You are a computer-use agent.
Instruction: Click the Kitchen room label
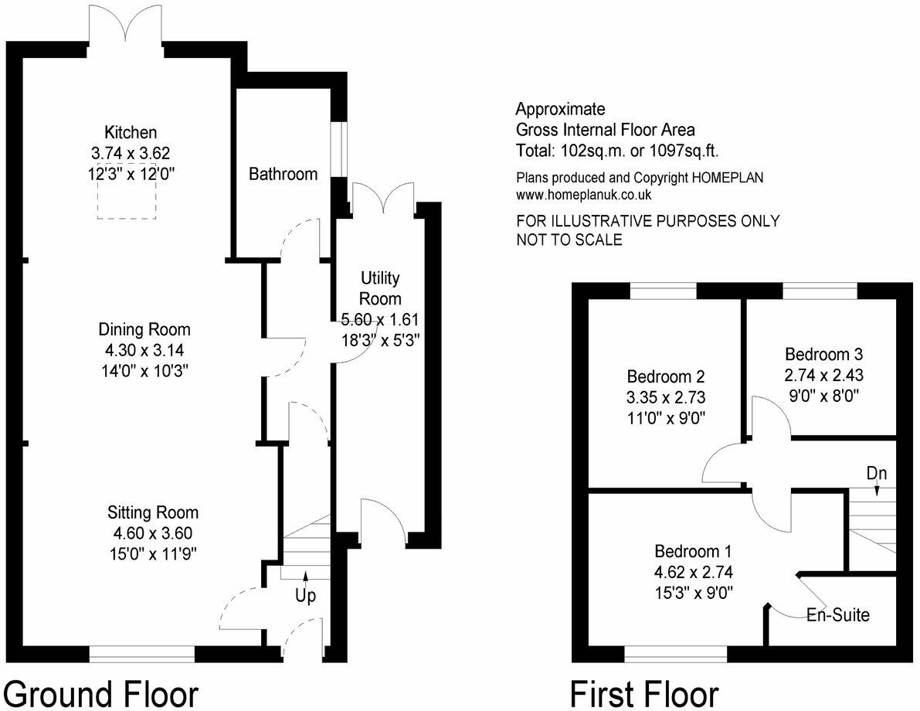click(x=131, y=132)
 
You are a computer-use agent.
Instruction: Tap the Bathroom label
click(x=283, y=174)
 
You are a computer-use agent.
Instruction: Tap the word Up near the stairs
click(x=306, y=597)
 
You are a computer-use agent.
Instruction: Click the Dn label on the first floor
click(x=876, y=472)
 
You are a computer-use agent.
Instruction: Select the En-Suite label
click(x=838, y=616)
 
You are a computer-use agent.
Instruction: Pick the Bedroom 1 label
click(x=692, y=552)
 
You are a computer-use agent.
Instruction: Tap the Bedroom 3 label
click(x=823, y=355)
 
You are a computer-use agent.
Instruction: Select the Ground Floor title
click(x=101, y=693)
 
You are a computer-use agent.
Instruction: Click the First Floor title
click(x=644, y=693)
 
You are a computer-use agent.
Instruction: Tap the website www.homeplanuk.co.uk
click(x=585, y=196)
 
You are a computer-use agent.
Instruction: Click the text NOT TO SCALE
click(x=569, y=240)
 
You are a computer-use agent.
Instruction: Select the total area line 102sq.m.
click(x=618, y=151)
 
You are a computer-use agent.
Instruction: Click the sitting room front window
click(x=141, y=655)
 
